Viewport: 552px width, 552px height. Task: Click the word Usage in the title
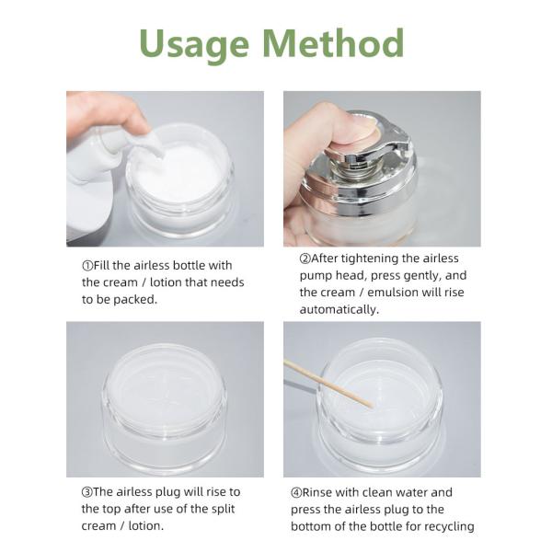[194, 44]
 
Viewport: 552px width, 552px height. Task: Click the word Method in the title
[334, 42]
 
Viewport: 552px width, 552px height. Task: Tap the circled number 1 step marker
[87, 266]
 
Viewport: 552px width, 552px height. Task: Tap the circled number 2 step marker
[305, 259]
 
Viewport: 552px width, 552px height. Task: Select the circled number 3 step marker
[87, 492]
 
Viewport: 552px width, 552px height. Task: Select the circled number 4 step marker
[296, 492]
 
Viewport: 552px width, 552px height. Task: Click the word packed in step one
[135, 300]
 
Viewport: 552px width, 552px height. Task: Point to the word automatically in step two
[339, 310]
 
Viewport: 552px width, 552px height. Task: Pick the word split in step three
[224, 510]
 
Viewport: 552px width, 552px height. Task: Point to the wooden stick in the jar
[328, 383]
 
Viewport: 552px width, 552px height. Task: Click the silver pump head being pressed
[366, 148]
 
